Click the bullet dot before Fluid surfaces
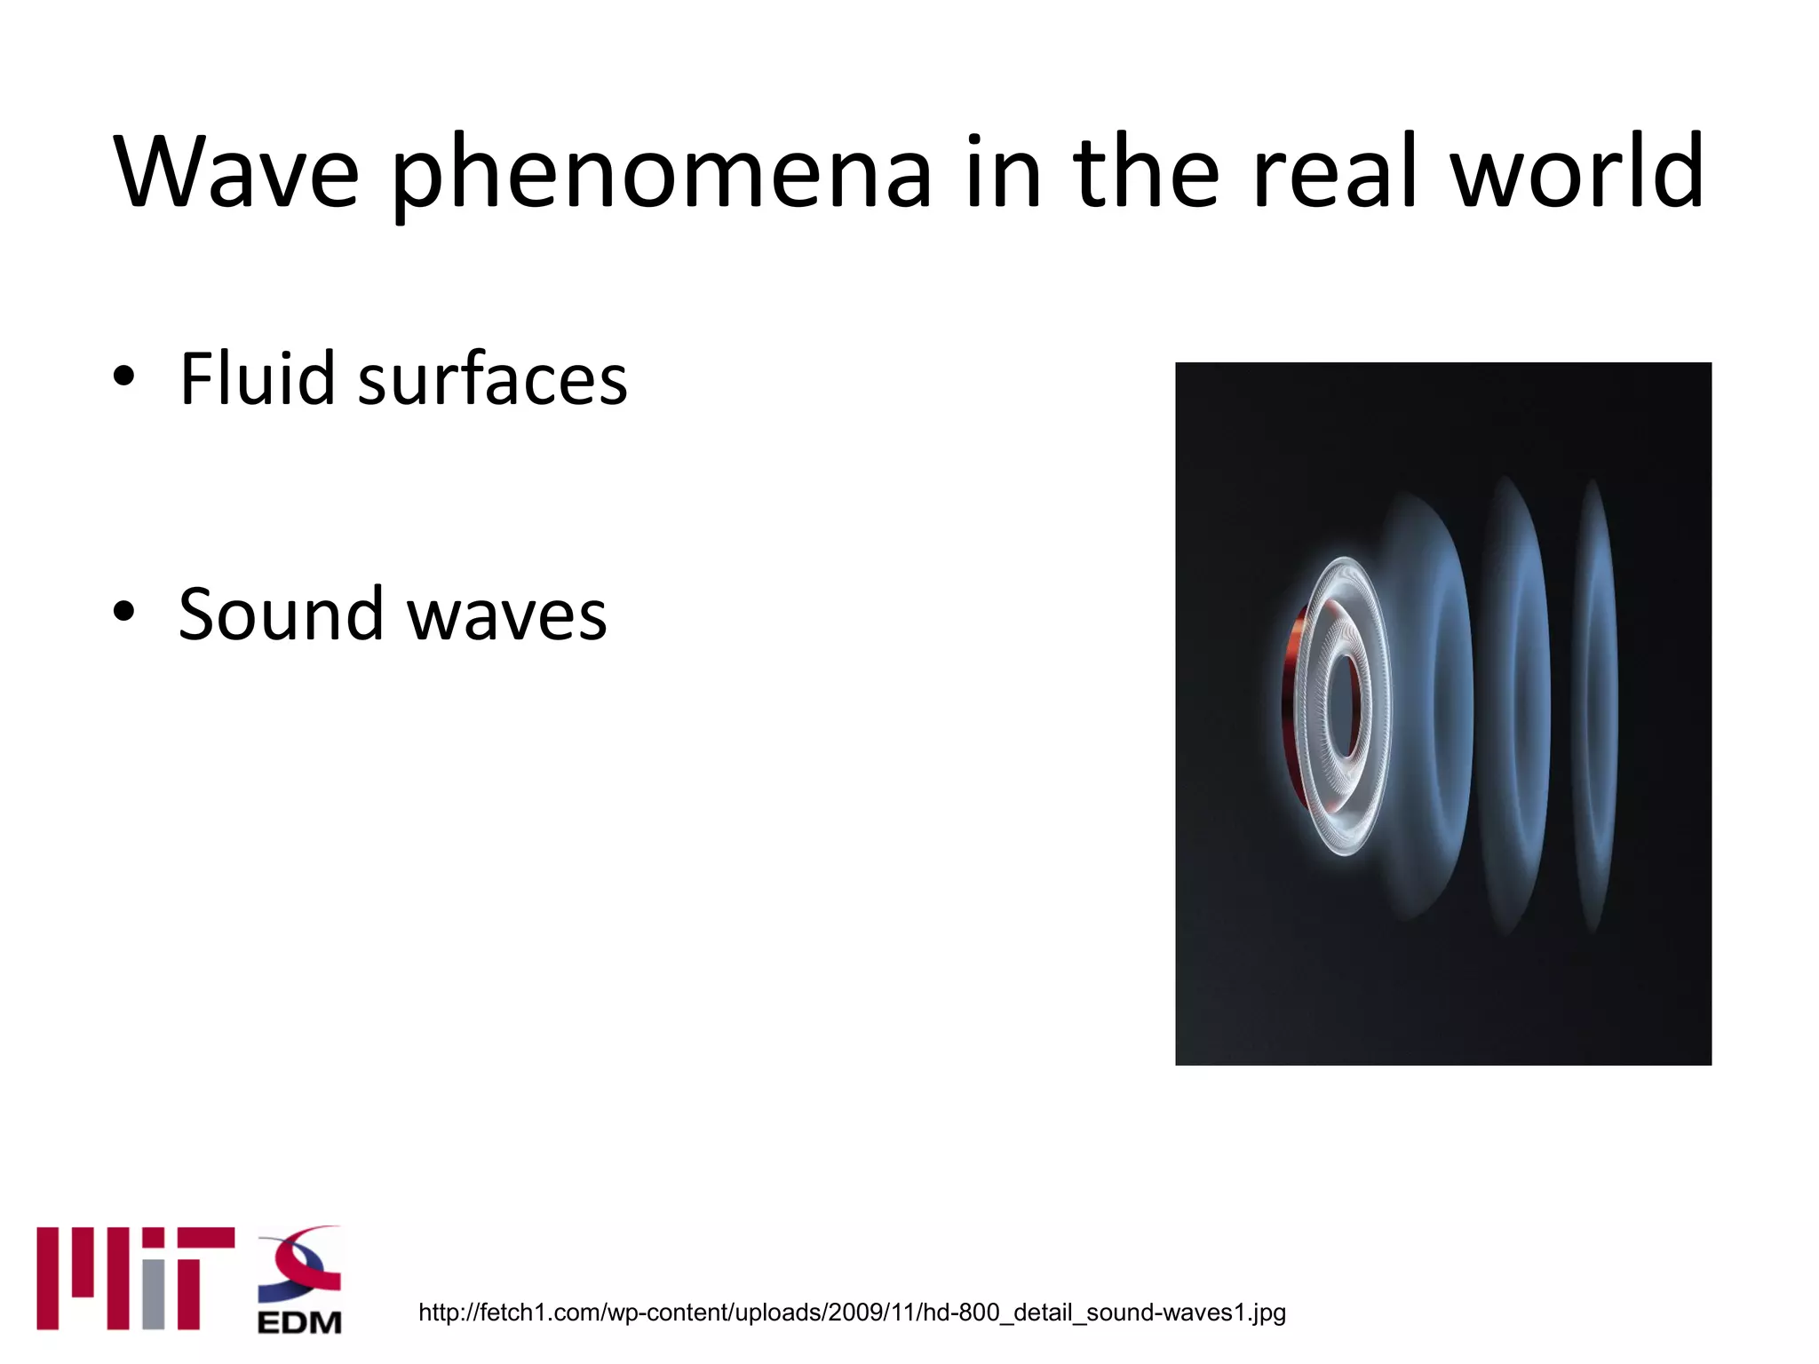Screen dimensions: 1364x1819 124,377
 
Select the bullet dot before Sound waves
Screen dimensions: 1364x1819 124,611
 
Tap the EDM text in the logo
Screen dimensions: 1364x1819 299,1321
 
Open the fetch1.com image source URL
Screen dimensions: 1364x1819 852,1312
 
